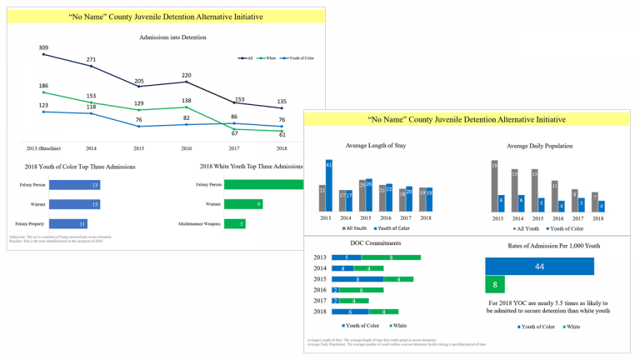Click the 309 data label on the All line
[42, 47]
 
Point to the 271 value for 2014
[91, 59]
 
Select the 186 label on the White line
[42, 86]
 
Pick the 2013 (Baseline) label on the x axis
[42, 147]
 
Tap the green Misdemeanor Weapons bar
[234, 223]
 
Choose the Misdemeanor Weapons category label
[199, 223]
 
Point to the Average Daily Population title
[540, 146]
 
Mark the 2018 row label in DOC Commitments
[320, 311]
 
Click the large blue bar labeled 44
[539, 266]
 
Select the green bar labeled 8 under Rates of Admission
[494, 284]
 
